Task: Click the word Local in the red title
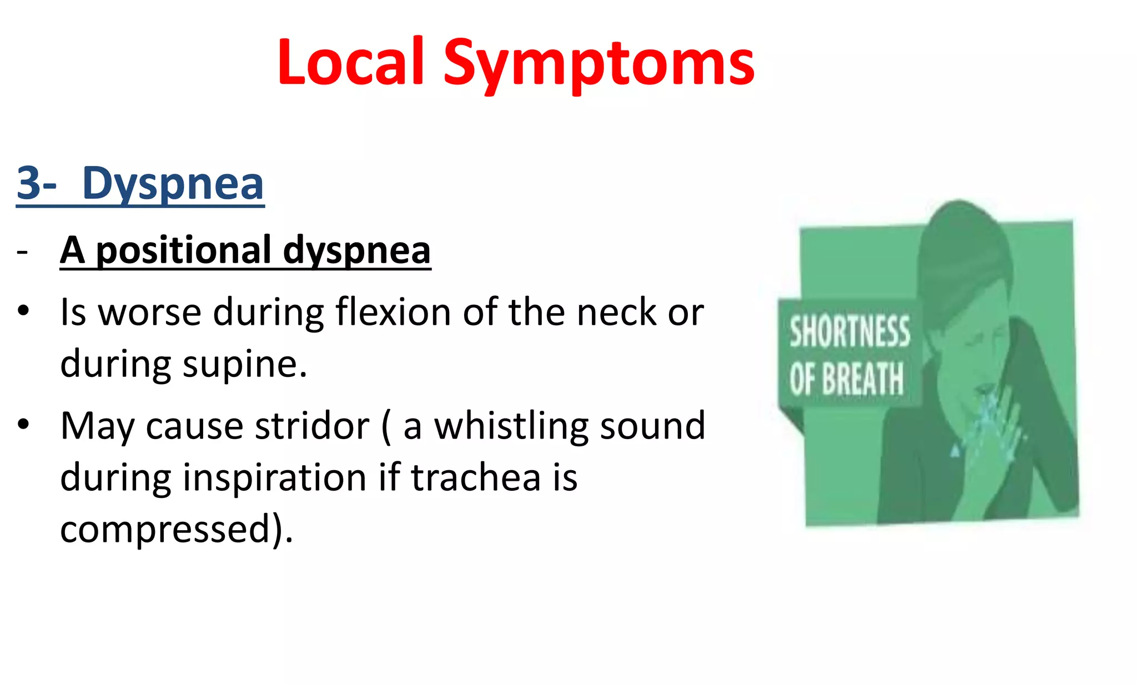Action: [351, 62]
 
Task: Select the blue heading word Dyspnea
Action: [173, 184]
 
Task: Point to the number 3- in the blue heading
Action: [36, 184]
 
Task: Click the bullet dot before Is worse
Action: [23, 310]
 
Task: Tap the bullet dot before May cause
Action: [23, 424]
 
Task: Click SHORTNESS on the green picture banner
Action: [849, 331]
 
